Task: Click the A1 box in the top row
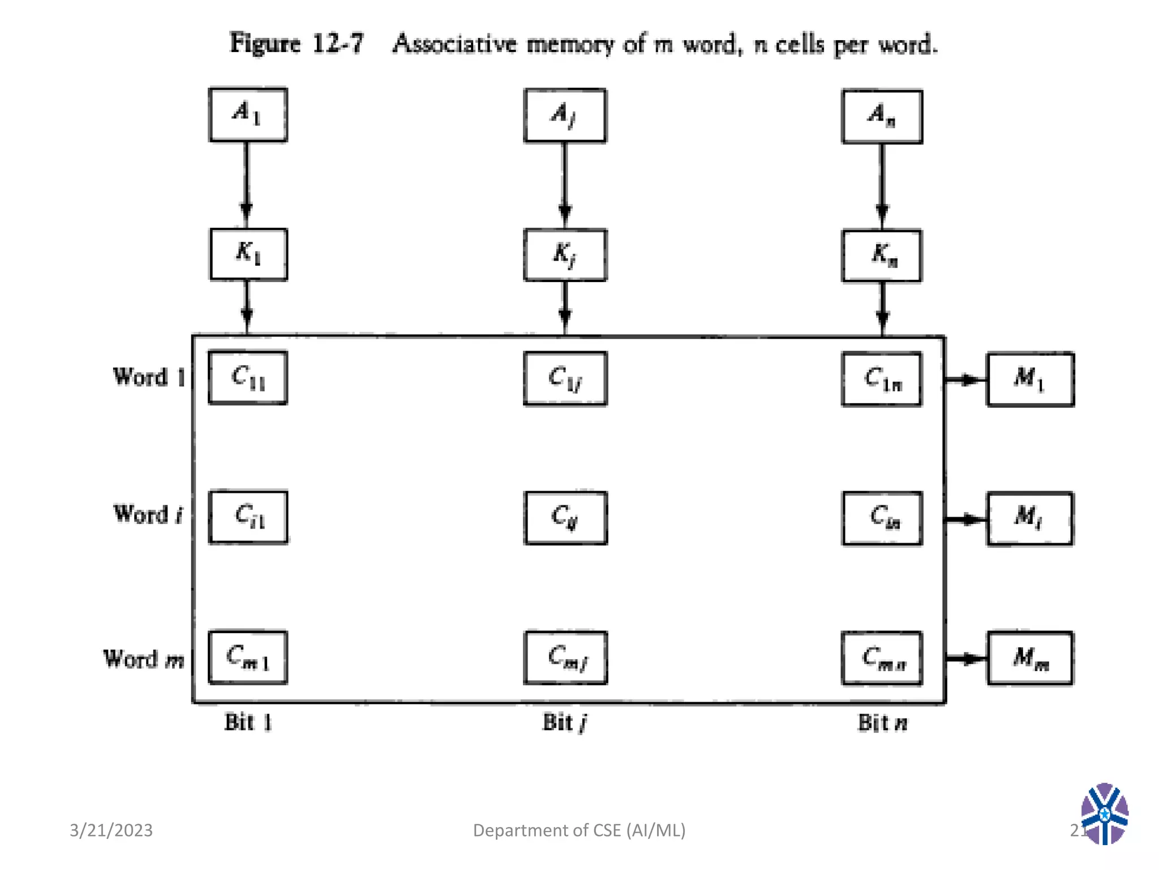pyautogui.click(x=248, y=114)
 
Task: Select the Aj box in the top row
pyautogui.click(x=565, y=116)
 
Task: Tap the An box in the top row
pyautogui.click(x=882, y=116)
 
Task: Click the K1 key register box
pyautogui.click(x=248, y=254)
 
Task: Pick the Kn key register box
pyautogui.click(x=882, y=255)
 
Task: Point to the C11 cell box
pyautogui.click(x=248, y=377)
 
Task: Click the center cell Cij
pyautogui.click(x=565, y=518)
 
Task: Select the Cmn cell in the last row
pyautogui.click(x=882, y=658)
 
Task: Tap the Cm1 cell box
pyautogui.click(x=248, y=657)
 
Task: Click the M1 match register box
pyautogui.click(x=1030, y=379)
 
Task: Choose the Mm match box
pyautogui.click(x=1030, y=658)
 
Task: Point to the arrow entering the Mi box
pyautogui.click(x=965, y=519)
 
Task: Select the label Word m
pyautogui.click(x=144, y=659)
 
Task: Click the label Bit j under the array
pyautogui.click(x=564, y=723)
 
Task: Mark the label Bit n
pyautogui.click(x=882, y=723)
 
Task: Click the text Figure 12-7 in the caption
pyautogui.click(x=297, y=44)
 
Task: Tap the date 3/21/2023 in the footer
pyautogui.click(x=111, y=830)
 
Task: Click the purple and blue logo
pyautogui.click(x=1104, y=814)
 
